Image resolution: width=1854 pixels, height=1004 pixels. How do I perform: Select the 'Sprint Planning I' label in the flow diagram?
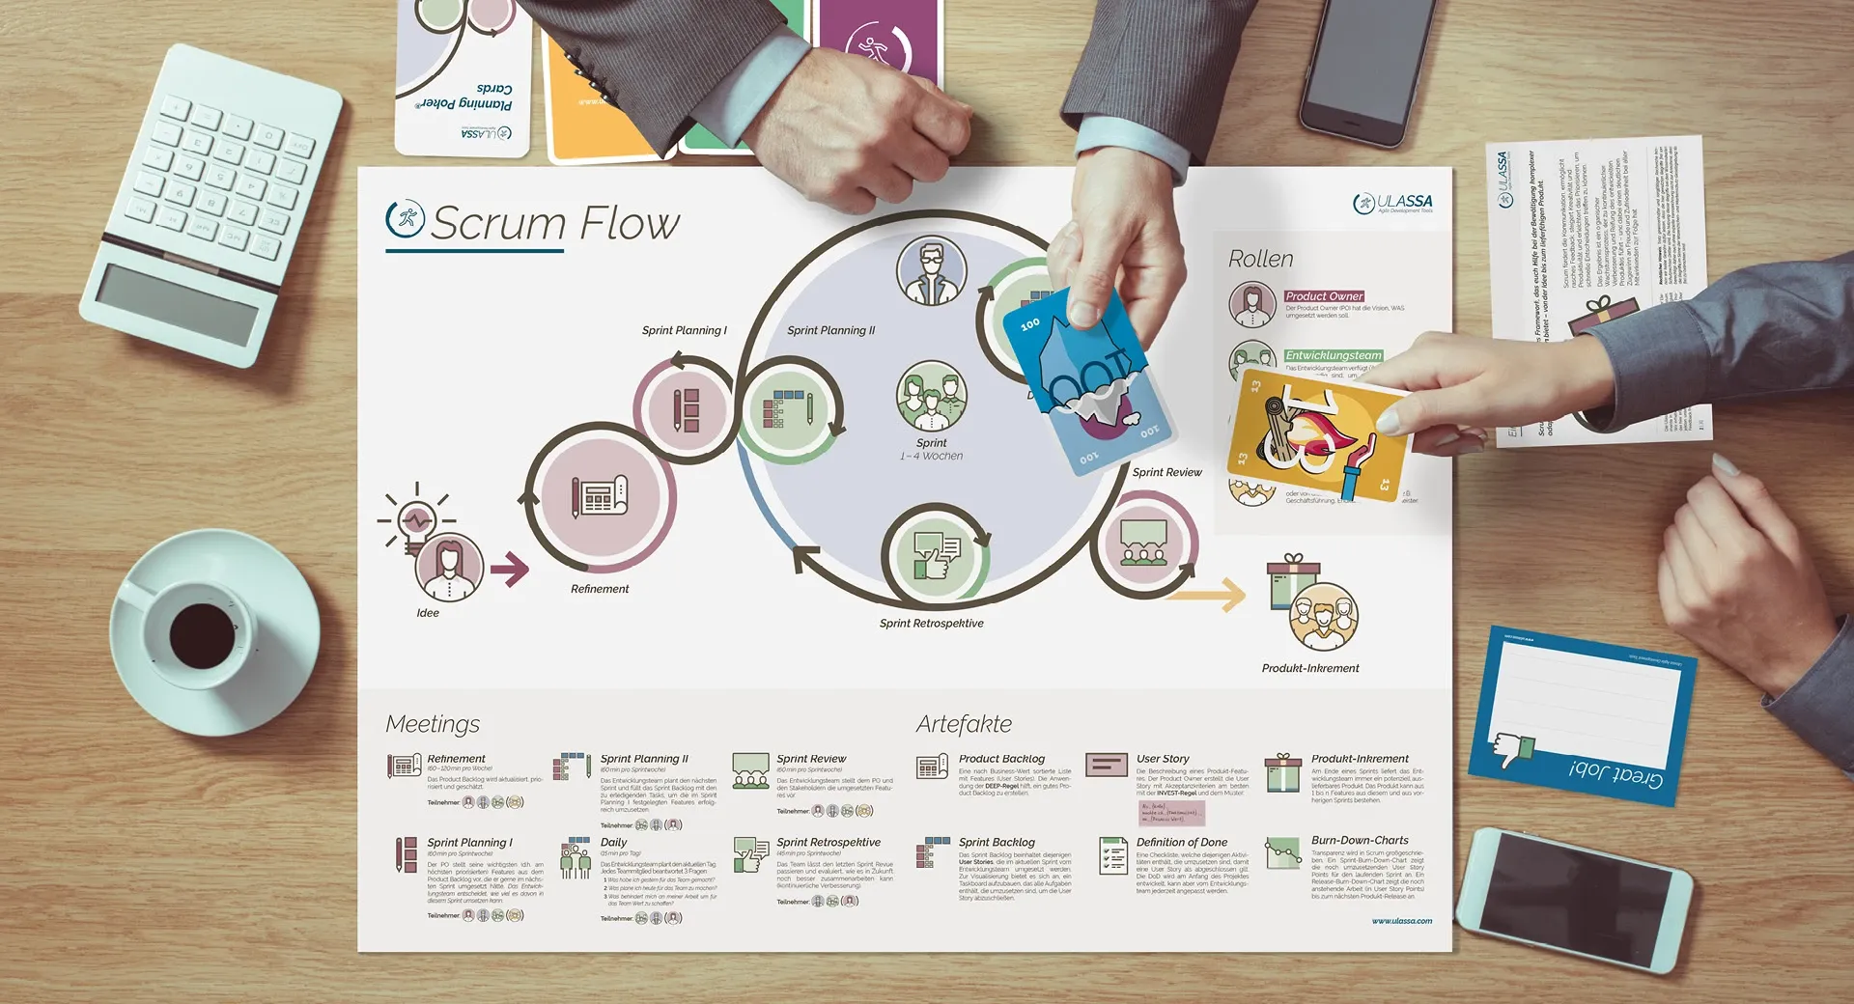coord(684,330)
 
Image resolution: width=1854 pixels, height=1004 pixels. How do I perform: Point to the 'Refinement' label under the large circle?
coord(600,589)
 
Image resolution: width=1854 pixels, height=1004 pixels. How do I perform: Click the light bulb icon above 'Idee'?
coord(417,521)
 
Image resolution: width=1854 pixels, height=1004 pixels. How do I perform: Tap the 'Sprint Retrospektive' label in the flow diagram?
coord(931,624)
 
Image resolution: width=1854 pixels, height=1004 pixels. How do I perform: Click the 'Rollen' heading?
coord(1260,260)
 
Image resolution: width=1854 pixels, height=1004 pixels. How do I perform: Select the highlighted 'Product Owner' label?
coord(1324,296)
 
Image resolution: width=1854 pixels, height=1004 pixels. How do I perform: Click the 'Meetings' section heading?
coord(433,724)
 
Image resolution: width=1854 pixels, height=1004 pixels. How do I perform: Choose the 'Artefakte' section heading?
coord(964,724)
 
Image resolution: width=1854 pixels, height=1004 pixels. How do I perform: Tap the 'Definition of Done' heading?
coord(1181,843)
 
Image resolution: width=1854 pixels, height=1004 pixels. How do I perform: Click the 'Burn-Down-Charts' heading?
coord(1360,841)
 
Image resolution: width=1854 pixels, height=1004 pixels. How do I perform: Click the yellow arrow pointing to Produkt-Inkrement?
coord(1214,595)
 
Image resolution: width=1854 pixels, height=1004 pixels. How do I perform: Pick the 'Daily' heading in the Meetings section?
coord(613,843)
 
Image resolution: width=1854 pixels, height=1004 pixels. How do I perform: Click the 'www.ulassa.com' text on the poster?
coord(1401,921)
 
